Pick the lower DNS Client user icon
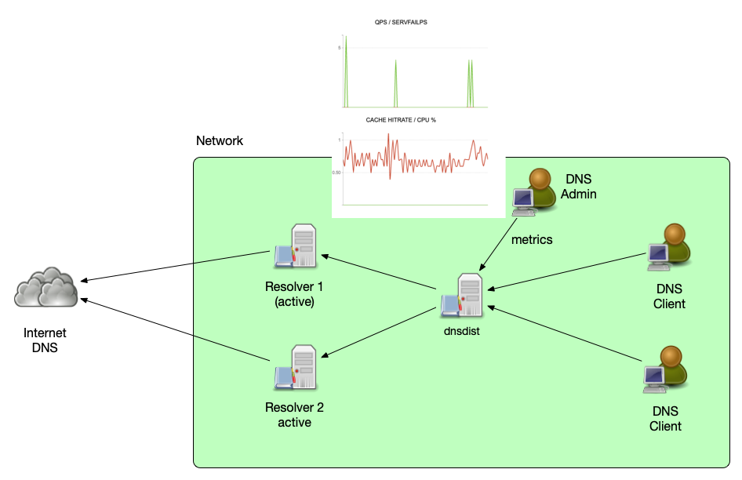pyautogui.click(x=665, y=369)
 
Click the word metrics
pyautogui.click(x=532, y=240)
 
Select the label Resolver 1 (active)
pyautogui.click(x=294, y=294)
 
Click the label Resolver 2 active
pyautogui.click(x=294, y=415)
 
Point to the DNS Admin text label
pyautogui.click(x=578, y=187)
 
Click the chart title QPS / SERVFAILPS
pyautogui.click(x=401, y=23)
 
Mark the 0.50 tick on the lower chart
pyautogui.click(x=336, y=173)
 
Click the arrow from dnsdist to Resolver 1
pyautogui.click(x=380, y=271)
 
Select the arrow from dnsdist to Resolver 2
pyautogui.click(x=380, y=330)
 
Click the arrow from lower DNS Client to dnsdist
pyautogui.click(x=565, y=333)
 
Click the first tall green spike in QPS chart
pyautogui.click(x=345, y=71)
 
